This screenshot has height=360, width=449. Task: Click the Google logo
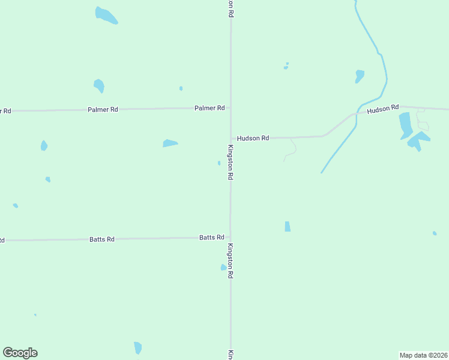(20, 353)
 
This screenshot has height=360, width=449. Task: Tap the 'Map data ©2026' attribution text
(423, 355)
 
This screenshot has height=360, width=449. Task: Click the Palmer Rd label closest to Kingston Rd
(209, 108)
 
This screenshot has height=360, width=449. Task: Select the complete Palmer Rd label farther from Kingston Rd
(103, 110)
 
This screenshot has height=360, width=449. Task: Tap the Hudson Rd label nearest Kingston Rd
(253, 138)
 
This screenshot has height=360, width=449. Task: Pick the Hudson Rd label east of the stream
(382, 109)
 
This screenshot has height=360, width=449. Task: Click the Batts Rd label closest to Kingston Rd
(211, 238)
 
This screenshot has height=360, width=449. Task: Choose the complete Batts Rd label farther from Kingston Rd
(102, 239)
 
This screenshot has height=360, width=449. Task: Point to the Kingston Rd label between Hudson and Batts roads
(230, 163)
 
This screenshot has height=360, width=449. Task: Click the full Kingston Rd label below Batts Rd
(230, 261)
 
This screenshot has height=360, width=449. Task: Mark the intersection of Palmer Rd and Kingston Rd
(231, 108)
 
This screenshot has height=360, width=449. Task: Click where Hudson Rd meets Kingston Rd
(231, 139)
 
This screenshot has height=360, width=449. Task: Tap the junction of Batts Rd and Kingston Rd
(231, 238)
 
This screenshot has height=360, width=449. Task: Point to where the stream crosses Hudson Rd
(357, 113)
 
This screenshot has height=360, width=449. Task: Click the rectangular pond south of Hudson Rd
(288, 226)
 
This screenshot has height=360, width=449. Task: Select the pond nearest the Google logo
(138, 347)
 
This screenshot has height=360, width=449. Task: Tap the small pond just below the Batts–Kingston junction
(223, 267)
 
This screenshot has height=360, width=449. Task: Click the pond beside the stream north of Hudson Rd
(359, 76)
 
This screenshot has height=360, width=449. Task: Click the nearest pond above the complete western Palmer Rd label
(99, 86)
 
